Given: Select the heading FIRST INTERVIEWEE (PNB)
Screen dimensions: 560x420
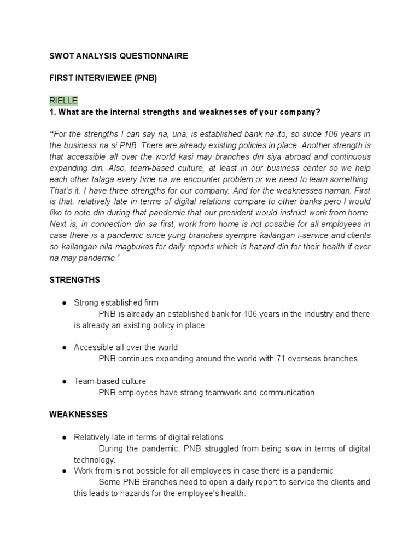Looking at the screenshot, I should click(103, 78).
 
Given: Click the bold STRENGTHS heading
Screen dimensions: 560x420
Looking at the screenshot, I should click(75, 280).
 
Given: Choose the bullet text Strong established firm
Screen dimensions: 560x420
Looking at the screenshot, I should click(116, 302).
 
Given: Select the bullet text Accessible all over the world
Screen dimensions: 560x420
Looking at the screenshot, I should click(126, 347).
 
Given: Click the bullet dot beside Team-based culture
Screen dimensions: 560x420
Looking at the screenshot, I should click(64, 381).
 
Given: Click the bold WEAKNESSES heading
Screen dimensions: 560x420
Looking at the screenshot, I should click(78, 415).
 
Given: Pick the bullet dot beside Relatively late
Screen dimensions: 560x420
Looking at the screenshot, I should click(64, 437).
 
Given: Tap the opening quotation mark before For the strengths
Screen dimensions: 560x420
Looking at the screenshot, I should click(51, 134).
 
